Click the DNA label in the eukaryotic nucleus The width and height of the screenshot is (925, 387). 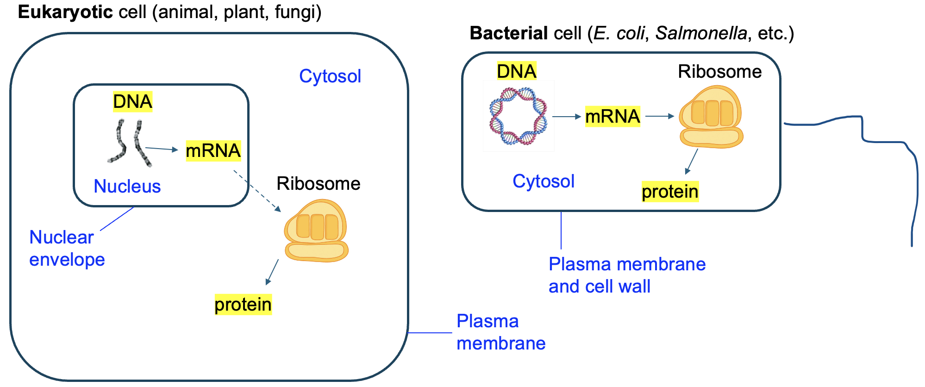click(132, 101)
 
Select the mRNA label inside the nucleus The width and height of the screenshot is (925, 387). click(213, 150)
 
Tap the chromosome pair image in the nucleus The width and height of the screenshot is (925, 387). click(129, 143)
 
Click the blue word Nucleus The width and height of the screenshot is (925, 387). click(127, 186)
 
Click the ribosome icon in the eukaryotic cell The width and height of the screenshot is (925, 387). click(316, 231)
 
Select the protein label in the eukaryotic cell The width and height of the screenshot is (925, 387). click(243, 305)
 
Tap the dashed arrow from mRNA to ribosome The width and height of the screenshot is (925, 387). click(257, 191)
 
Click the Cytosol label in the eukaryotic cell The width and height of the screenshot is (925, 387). click(330, 76)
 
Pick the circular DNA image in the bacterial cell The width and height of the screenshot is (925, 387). click(518, 116)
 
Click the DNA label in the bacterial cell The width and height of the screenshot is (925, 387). click(516, 71)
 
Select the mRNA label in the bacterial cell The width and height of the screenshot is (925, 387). click(612, 116)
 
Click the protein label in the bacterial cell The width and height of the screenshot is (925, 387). click(669, 191)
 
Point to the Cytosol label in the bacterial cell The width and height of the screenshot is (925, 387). click(543, 181)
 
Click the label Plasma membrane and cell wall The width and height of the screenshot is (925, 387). click(626, 275)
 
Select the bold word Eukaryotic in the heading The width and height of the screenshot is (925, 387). click(65, 12)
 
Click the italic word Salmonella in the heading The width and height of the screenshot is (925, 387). click(701, 33)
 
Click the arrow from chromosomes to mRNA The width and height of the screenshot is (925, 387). click(162, 149)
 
